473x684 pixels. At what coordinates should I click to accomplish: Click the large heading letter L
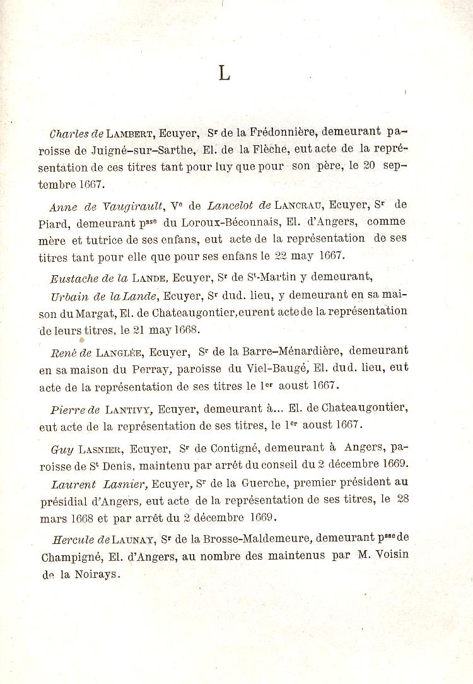point(224,74)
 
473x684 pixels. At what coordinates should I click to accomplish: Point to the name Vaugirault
point(129,204)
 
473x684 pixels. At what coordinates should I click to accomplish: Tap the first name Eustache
point(73,278)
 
